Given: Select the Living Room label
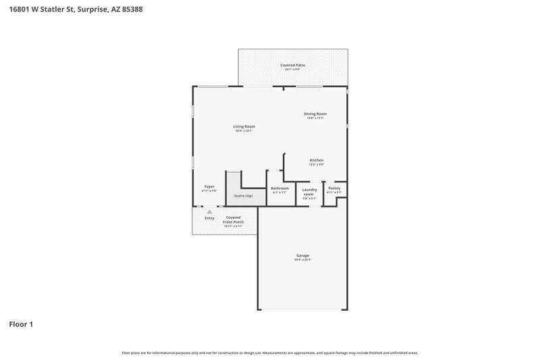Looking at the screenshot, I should pos(244,126).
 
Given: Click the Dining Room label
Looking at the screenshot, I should pos(315,113).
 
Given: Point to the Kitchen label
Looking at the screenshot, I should pos(317,160).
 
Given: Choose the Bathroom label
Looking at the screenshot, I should pos(279,188).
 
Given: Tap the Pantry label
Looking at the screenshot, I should pos(334,188).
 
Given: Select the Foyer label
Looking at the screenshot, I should pos(209,186).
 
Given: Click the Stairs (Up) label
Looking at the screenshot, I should pos(244,196).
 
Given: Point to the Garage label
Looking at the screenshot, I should pos(302,255).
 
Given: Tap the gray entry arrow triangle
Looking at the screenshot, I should pos(209,212).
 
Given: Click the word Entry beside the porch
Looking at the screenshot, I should pos(209,218).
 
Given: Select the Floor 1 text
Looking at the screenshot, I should pos(21,324).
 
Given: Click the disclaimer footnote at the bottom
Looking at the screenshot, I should pos(270,353).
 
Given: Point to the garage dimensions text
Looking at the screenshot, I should pos(302,260).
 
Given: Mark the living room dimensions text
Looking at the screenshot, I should pos(244,131).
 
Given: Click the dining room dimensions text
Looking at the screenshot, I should pos(315,118).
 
